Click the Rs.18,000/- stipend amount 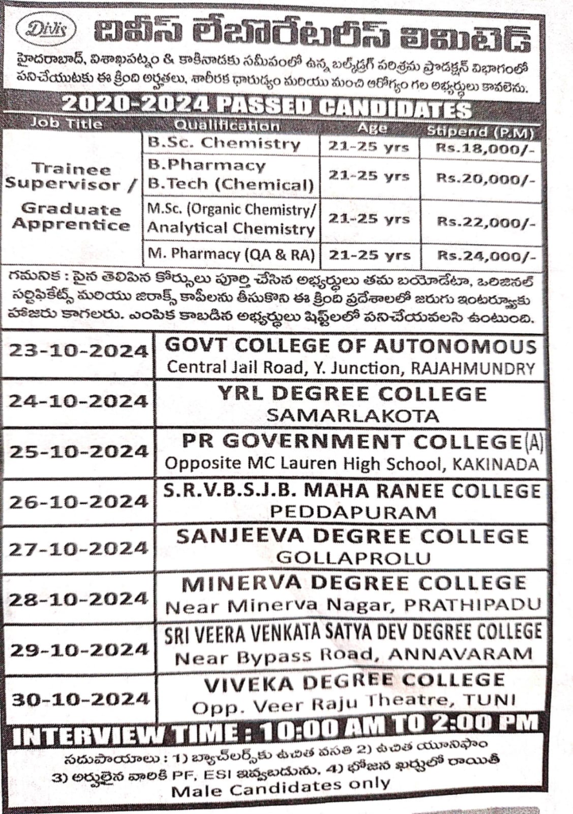pos(482,148)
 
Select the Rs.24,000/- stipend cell pos(482,256)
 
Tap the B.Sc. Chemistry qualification pos(224,144)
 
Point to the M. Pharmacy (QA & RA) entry pos(230,255)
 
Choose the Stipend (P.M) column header pos(482,130)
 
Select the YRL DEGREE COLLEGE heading pos(354,393)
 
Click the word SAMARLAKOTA pos(354,415)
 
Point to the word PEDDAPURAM pos(353,512)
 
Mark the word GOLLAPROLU pos(353,559)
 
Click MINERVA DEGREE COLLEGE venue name pos(354,584)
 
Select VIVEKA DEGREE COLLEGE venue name pos(354,681)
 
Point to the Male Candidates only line pos(281,783)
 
